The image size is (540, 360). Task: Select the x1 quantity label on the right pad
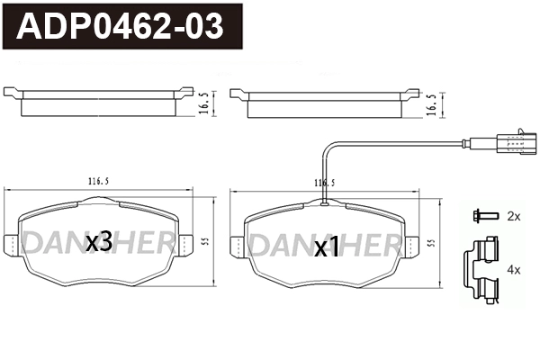[x=326, y=246]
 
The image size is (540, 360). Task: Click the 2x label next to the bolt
[x=514, y=216]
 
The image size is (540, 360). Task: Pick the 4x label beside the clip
[x=514, y=269]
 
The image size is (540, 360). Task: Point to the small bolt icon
[x=481, y=216]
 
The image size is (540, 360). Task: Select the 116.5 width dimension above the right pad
[x=323, y=183]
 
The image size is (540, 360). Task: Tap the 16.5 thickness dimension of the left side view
[x=204, y=104]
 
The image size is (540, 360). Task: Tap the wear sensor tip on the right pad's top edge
[x=323, y=205]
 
